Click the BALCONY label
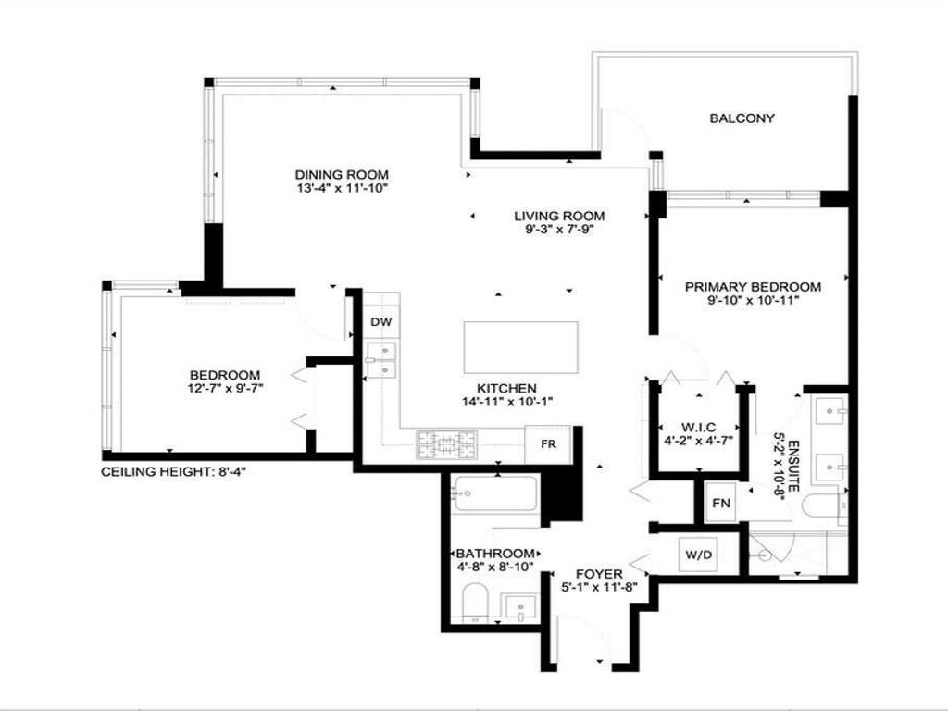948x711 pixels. point(742,118)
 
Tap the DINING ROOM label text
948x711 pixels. point(342,174)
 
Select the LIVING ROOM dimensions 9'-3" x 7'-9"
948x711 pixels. point(553,230)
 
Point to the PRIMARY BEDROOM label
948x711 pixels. point(753,287)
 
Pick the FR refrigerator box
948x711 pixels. point(548,443)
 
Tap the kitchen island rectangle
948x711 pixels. point(521,346)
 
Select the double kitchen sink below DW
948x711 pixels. point(380,360)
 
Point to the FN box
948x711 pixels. point(721,504)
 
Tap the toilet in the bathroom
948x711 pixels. point(472,603)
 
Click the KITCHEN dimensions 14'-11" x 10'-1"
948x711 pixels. point(506,402)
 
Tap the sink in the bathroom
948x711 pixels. point(521,609)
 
